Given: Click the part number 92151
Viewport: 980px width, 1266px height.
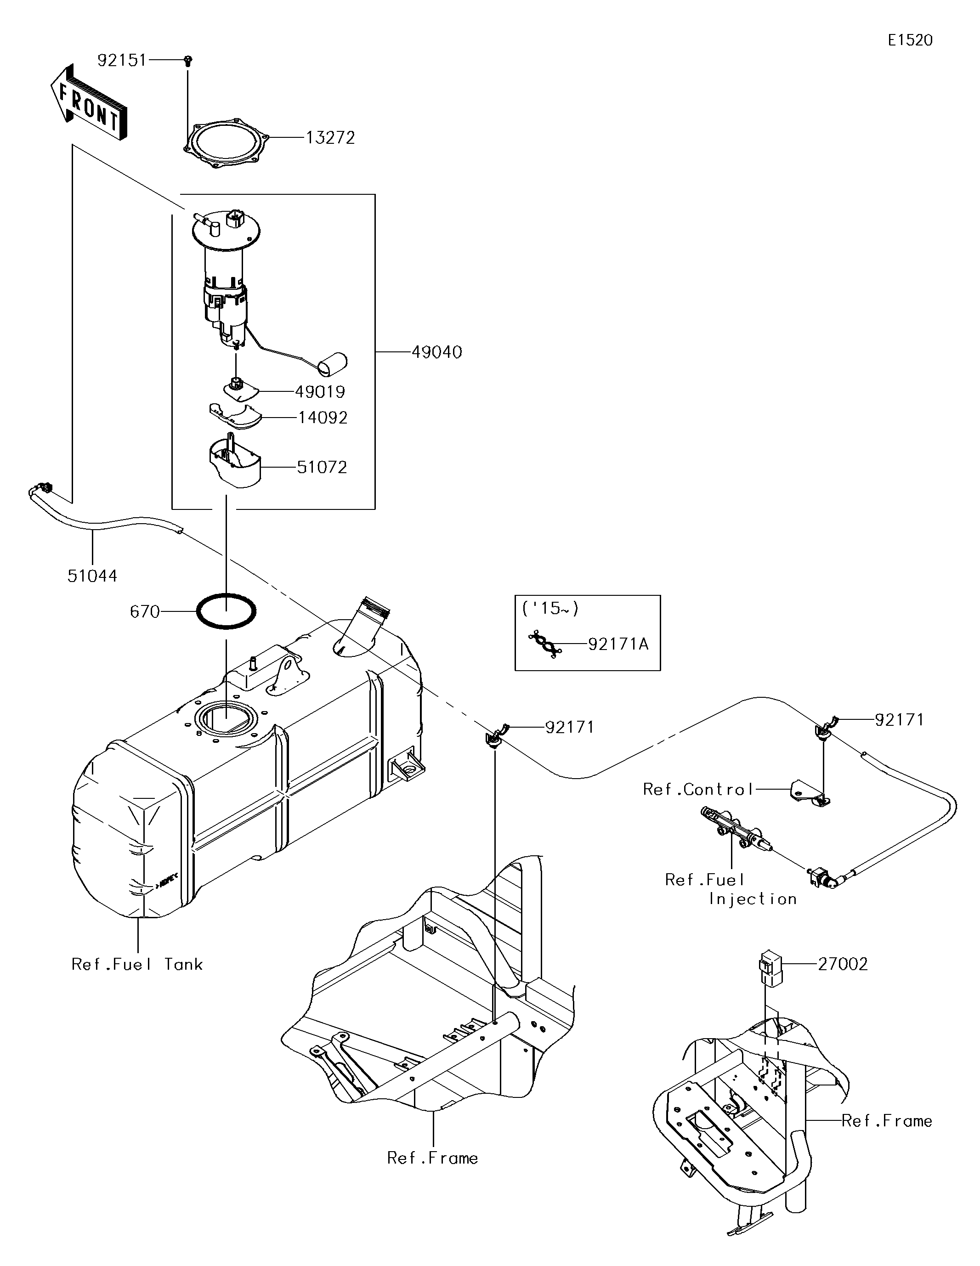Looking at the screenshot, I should (122, 60).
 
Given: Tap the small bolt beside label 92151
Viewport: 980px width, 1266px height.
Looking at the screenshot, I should (188, 60).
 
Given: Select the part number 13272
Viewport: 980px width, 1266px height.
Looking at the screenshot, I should (330, 138).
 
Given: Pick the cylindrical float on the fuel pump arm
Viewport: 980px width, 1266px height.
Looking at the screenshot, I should (332, 363).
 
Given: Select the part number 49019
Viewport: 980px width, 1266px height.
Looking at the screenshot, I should (320, 392).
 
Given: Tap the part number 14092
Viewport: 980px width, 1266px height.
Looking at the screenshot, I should (323, 418).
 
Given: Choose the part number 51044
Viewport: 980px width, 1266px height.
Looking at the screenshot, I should (92, 576).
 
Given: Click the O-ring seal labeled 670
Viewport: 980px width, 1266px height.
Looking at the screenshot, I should (226, 611).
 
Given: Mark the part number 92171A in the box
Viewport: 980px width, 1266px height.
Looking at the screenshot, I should (617, 644).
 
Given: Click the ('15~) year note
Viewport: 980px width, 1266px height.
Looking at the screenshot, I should (549, 608).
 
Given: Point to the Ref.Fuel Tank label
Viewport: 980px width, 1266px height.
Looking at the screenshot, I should (137, 964).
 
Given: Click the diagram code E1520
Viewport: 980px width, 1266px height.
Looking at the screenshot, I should (910, 40).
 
